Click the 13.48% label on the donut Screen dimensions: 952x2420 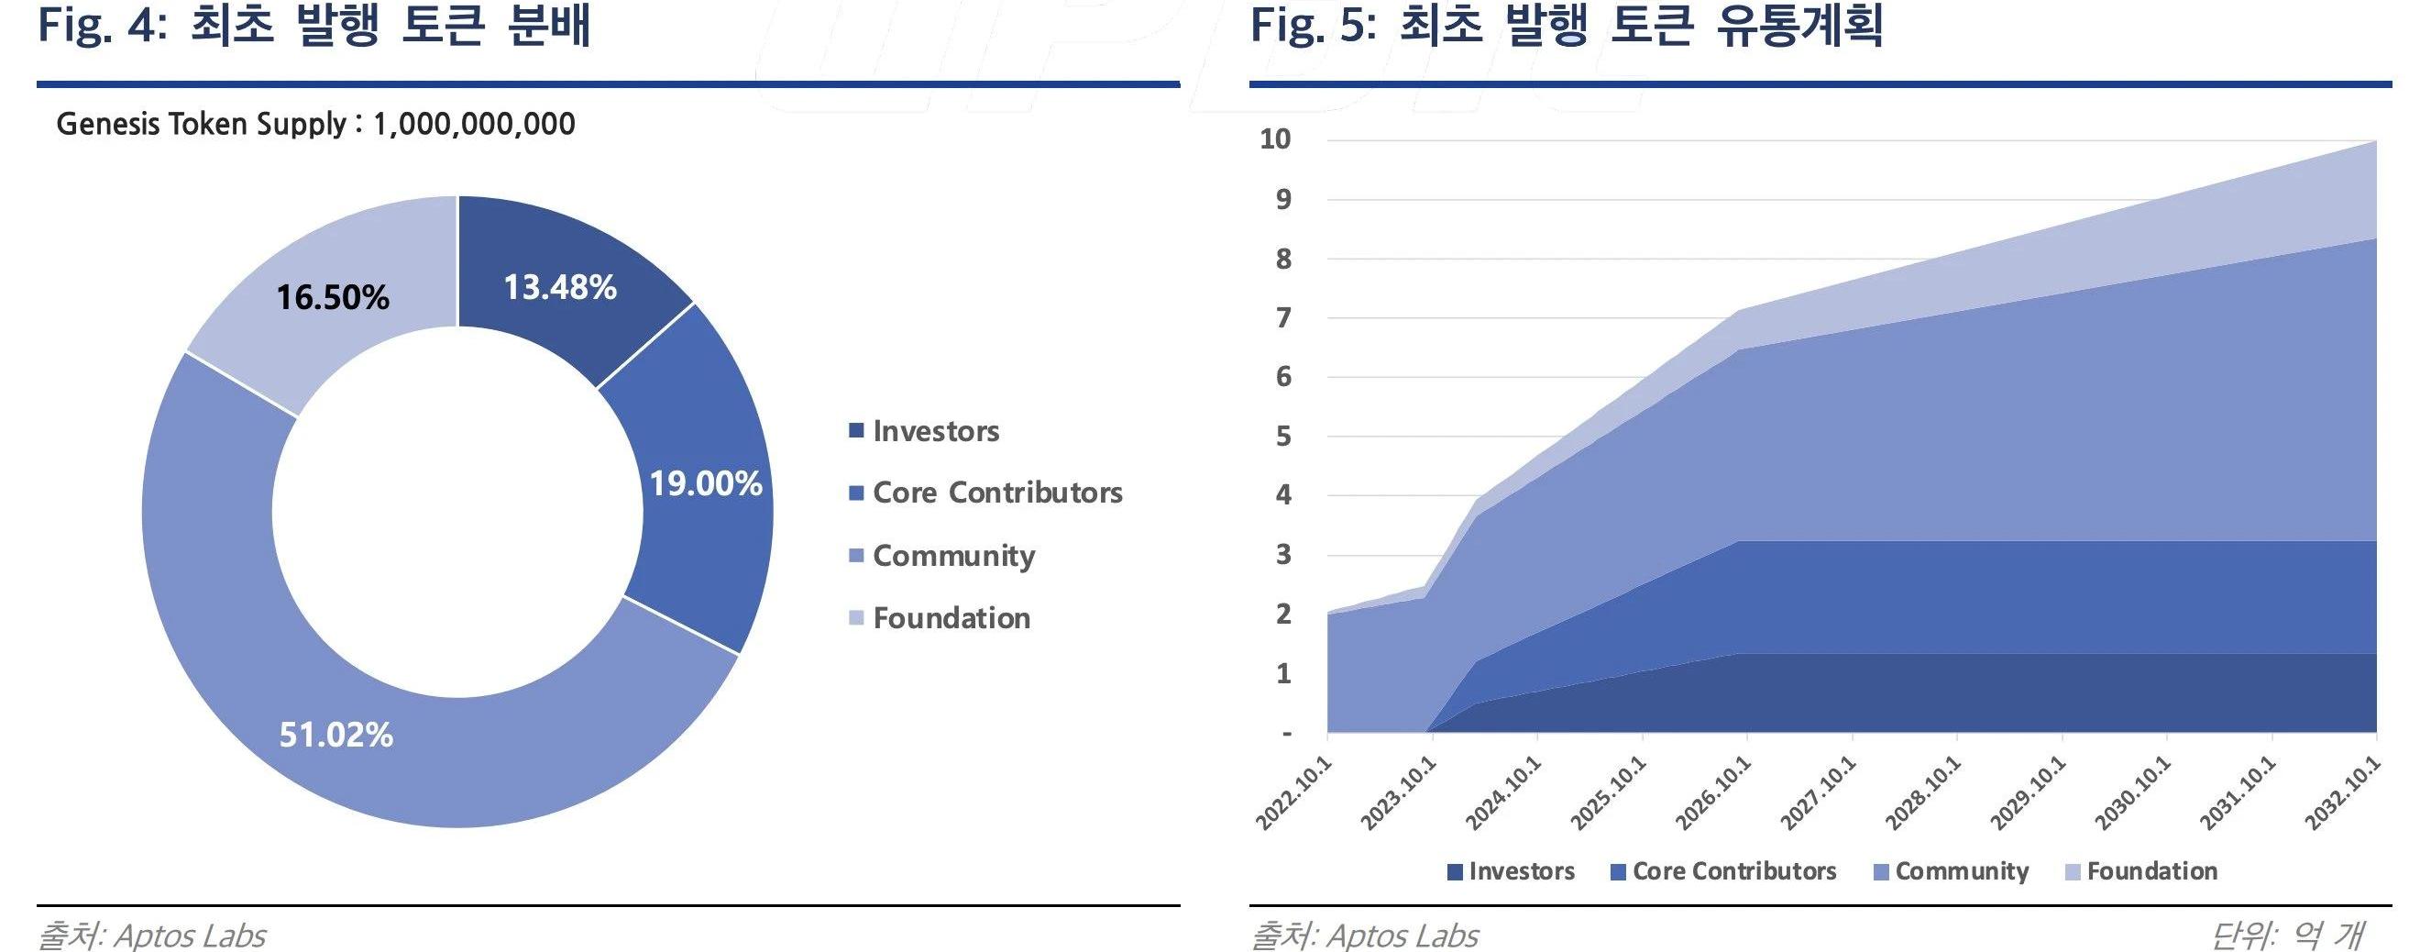(x=560, y=287)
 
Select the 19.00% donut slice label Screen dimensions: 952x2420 (x=706, y=483)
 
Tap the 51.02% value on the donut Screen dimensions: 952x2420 (x=335, y=734)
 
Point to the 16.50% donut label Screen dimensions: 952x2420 (x=332, y=297)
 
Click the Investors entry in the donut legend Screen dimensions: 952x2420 (x=935, y=431)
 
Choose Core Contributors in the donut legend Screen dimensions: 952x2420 (x=996, y=493)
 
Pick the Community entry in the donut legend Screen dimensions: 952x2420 (x=952, y=556)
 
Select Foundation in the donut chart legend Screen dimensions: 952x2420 (x=951, y=617)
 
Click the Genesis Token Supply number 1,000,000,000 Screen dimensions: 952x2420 (x=474, y=124)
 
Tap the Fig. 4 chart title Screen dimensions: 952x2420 (x=313, y=25)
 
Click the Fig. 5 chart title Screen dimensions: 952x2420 (x=1566, y=25)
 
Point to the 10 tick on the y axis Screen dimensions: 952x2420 (x=1275, y=139)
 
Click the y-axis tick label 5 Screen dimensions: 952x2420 (x=1283, y=436)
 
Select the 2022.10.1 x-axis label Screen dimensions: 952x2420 (x=1295, y=793)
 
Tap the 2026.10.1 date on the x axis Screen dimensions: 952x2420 (x=1714, y=793)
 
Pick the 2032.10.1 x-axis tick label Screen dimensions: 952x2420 (x=2344, y=793)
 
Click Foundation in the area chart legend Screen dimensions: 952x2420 (x=2151, y=871)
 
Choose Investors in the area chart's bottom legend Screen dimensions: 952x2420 (x=1521, y=871)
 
